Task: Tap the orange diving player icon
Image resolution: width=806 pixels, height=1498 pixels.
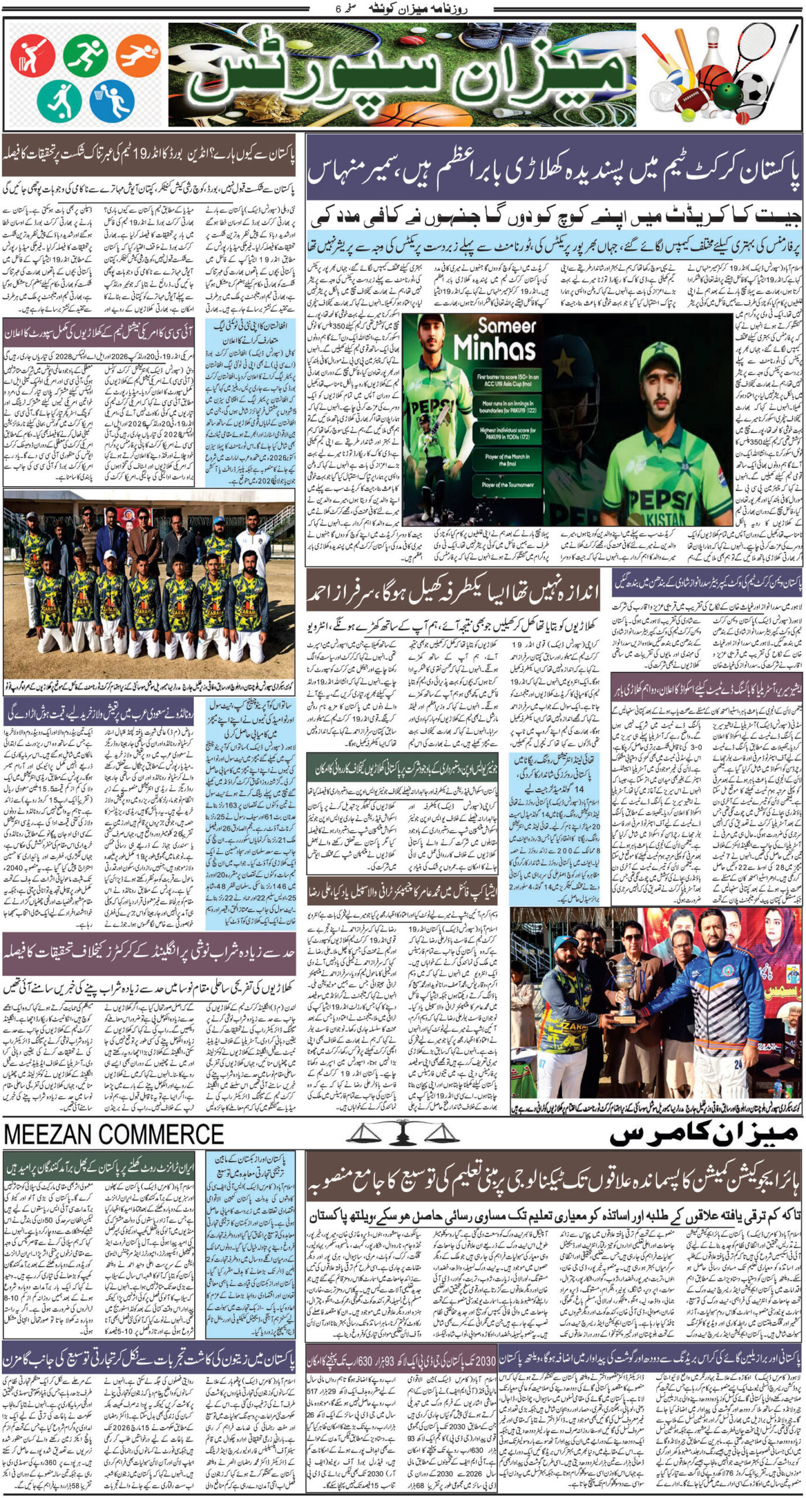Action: pyautogui.click(x=137, y=57)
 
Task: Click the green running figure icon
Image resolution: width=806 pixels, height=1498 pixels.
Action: pyautogui.click(x=85, y=56)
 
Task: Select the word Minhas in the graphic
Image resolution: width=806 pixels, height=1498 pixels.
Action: pyautogui.click(x=494, y=349)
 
